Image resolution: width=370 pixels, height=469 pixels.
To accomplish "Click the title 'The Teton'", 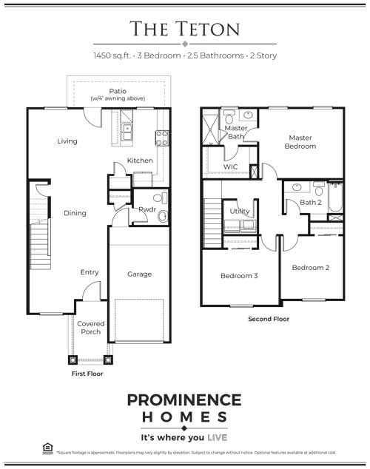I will tap(184, 29).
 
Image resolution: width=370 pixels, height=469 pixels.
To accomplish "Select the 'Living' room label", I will tap(67, 141).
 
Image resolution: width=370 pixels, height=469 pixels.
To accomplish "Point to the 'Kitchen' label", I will tap(140, 161).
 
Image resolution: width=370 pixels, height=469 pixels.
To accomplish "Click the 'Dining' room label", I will tap(75, 213).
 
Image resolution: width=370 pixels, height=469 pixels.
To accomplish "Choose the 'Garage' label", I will tap(139, 274).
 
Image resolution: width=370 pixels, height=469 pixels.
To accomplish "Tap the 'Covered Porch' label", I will tap(90, 328).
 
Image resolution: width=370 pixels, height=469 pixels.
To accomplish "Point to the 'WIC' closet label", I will tap(230, 167).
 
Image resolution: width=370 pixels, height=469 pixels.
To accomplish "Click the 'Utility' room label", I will tap(239, 212).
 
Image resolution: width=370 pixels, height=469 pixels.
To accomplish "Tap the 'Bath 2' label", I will tap(309, 203).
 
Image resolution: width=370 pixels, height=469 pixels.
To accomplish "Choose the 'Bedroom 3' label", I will tap(239, 276).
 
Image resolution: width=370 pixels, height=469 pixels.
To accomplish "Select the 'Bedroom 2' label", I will tap(310, 267).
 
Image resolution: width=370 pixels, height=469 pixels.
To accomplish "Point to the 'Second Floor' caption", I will tap(269, 319).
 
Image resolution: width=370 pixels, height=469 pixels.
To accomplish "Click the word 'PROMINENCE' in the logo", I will tap(184, 400).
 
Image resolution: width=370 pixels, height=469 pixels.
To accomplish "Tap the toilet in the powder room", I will tap(162, 215).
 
